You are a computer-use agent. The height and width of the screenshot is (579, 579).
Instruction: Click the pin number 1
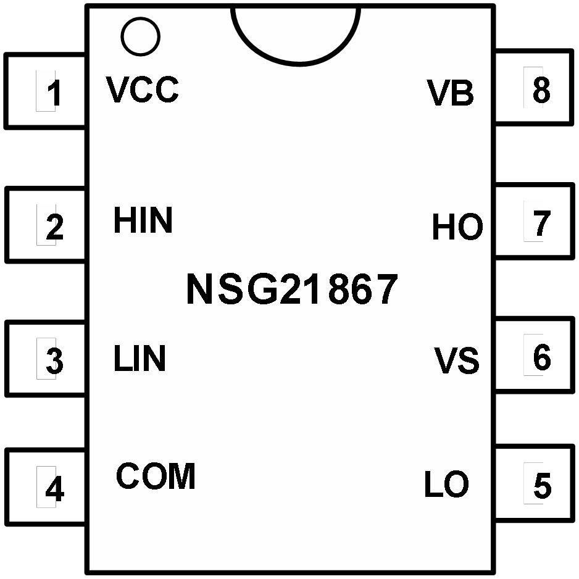coord(55,93)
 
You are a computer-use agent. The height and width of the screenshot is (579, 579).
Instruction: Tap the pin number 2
coord(55,227)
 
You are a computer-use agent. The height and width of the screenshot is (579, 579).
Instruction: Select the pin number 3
coord(55,360)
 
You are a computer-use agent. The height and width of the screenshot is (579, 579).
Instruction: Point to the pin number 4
coord(55,488)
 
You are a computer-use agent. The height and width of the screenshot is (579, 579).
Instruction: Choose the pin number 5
coord(543,485)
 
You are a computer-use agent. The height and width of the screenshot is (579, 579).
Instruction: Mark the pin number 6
coord(542,357)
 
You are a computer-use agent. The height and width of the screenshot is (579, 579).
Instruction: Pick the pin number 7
coord(542,223)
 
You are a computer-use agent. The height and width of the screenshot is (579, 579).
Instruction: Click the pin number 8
coord(542,90)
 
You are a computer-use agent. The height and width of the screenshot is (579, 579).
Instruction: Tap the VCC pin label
coord(143,90)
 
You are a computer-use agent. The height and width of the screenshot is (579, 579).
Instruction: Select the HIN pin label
coord(143,220)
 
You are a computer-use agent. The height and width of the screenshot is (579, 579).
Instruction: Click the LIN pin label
coord(140,358)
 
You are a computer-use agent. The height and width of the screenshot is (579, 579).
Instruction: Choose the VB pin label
coord(451,93)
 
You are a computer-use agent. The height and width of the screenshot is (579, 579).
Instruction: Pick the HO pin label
coord(457,227)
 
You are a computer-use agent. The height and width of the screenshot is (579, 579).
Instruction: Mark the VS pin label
coord(456,360)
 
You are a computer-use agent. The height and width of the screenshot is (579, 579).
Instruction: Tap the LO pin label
coord(447,483)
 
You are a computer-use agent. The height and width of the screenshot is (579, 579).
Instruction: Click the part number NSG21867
coord(293,289)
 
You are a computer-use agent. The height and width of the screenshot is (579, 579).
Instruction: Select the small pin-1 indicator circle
coord(140,36)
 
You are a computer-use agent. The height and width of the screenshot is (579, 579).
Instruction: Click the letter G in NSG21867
coord(262,289)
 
